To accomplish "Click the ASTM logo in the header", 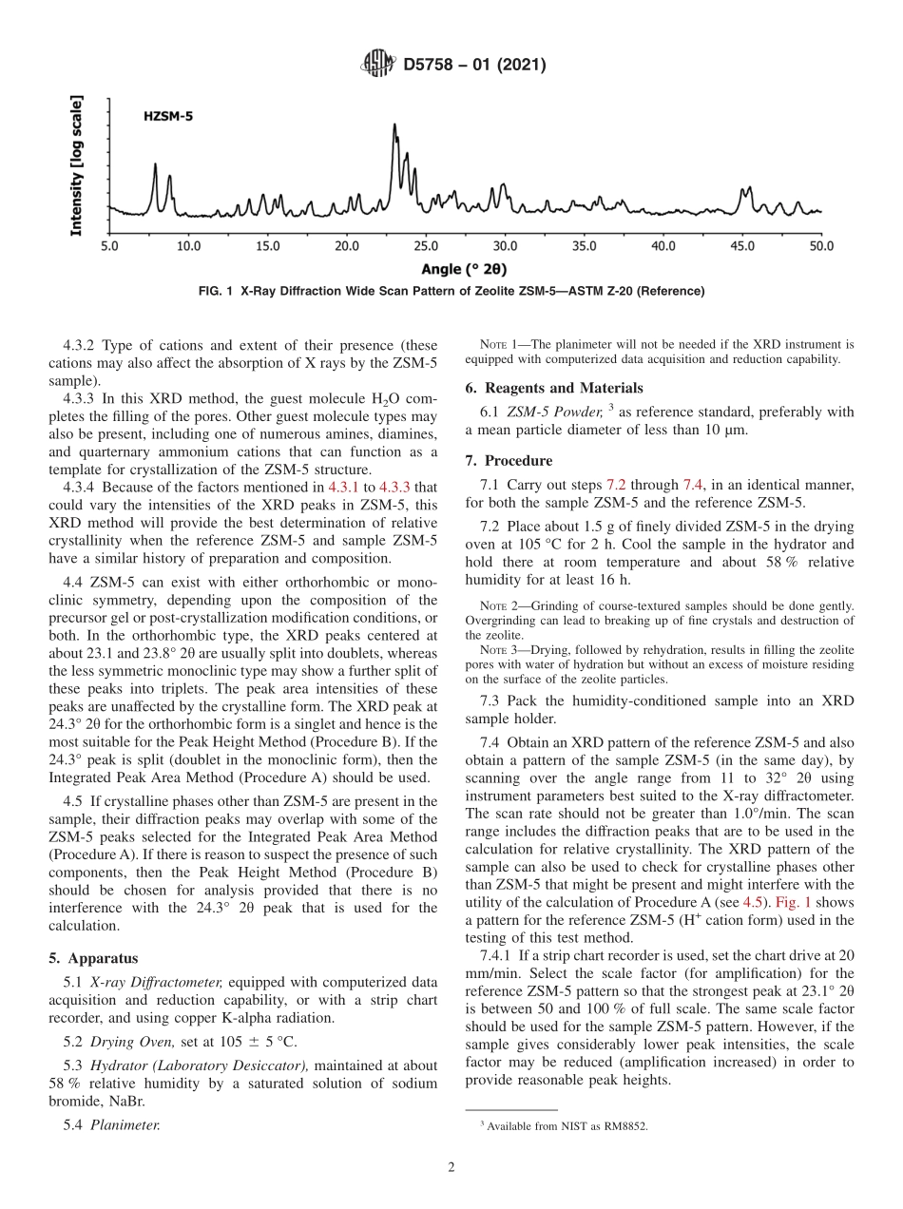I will pos(378,65).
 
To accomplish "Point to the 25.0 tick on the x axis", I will pos(425,246).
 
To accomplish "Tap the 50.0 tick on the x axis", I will pos(820,246).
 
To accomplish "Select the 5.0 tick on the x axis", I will pos(109,246).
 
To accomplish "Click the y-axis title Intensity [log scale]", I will pos(77,164).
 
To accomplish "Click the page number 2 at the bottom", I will pos(451,1168).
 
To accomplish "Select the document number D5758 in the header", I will pos(432,65).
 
